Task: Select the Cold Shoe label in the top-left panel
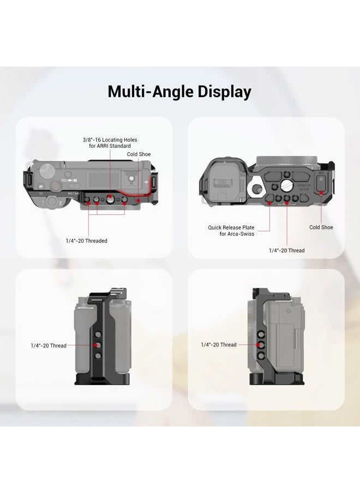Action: coord(139,154)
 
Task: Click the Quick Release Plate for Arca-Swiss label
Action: coord(239,231)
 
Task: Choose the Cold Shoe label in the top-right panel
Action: coord(321,227)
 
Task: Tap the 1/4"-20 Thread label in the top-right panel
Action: coord(286,250)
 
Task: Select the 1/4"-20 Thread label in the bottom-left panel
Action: coord(49,346)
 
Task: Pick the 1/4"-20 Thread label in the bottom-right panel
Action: coord(218,345)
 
